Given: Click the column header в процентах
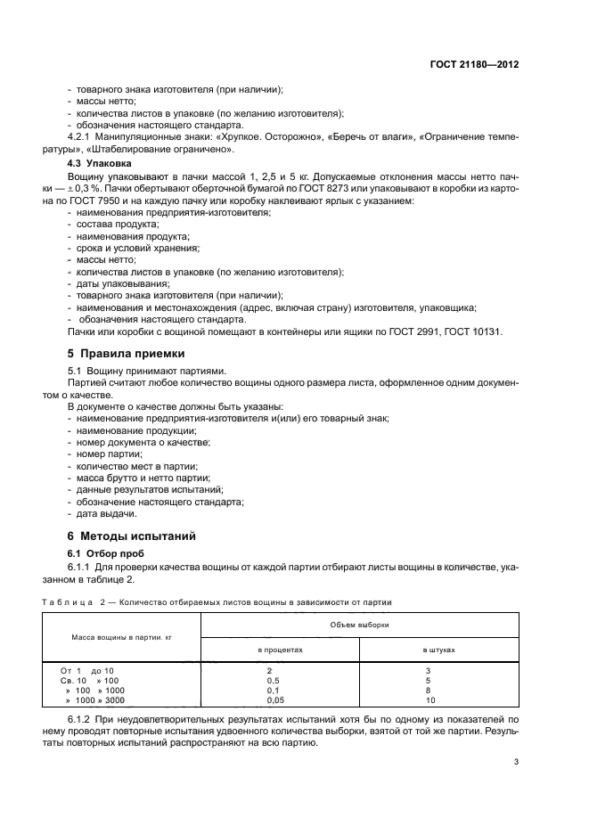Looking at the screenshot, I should (x=282, y=650).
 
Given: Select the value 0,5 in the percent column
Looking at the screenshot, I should (x=275, y=680).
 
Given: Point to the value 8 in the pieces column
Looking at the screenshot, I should (x=429, y=691).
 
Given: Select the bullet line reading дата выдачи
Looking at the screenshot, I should (x=106, y=513).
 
